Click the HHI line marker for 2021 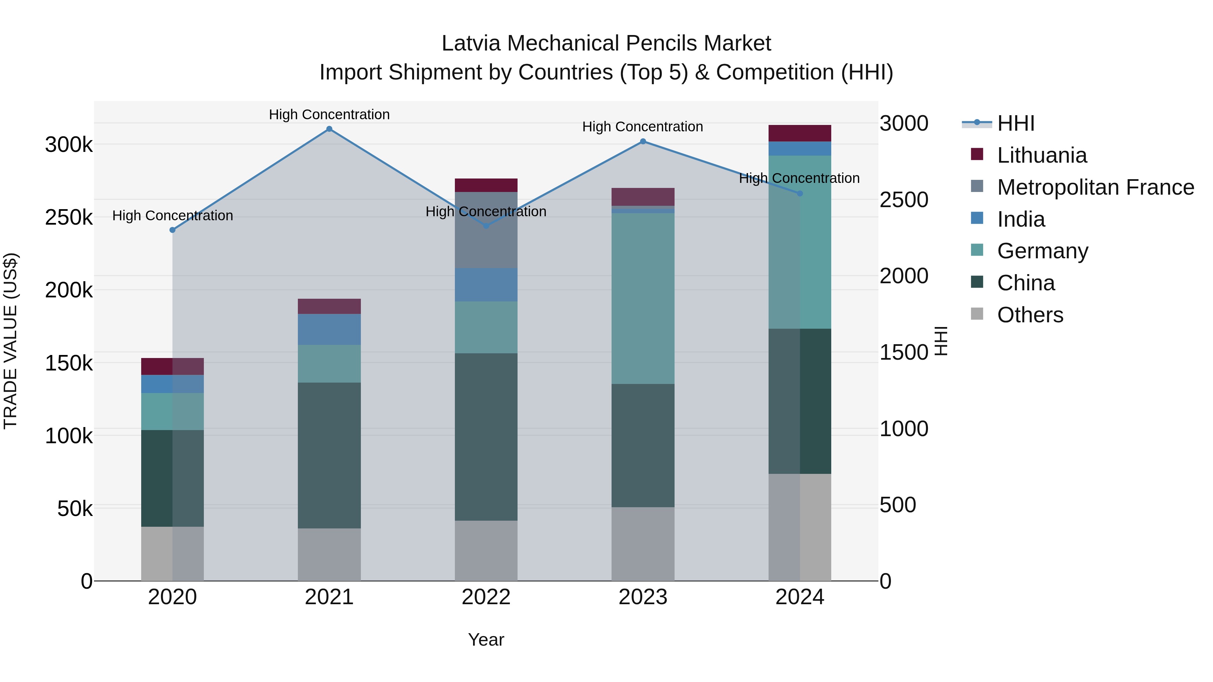pyautogui.click(x=329, y=129)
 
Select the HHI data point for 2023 pyautogui.click(x=643, y=141)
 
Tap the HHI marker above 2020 pyautogui.click(x=172, y=230)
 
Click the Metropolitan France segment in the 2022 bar pyautogui.click(x=486, y=230)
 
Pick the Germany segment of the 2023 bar pyautogui.click(x=643, y=298)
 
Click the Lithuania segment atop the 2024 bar pyautogui.click(x=800, y=133)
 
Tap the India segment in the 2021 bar pyautogui.click(x=329, y=329)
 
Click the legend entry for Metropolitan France pyautogui.click(x=1095, y=187)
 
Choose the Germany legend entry pyautogui.click(x=1043, y=251)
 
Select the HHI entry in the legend pyautogui.click(x=1016, y=123)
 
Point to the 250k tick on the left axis pyautogui.click(x=69, y=218)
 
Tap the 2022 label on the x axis pyautogui.click(x=486, y=597)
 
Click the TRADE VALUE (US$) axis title pyautogui.click(x=10, y=341)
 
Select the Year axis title pyautogui.click(x=486, y=640)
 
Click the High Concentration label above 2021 pyautogui.click(x=329, y=115)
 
